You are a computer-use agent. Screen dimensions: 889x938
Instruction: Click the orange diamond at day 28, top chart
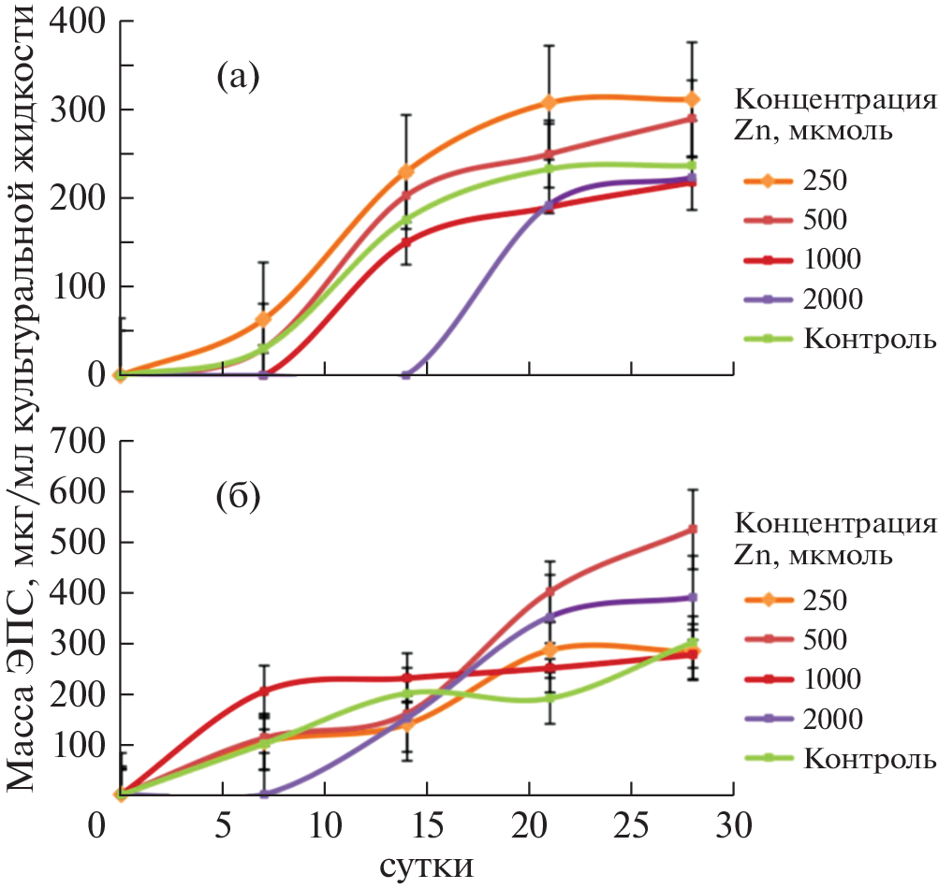pos(692,99)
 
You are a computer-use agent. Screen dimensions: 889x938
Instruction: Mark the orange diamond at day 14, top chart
pos(406,171)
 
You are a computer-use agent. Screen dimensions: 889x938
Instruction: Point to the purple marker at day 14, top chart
pos(406,374)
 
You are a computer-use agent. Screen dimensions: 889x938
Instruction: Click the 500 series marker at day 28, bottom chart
pos(693,530)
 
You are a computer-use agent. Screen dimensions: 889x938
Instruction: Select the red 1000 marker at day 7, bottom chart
pos(264,691)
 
